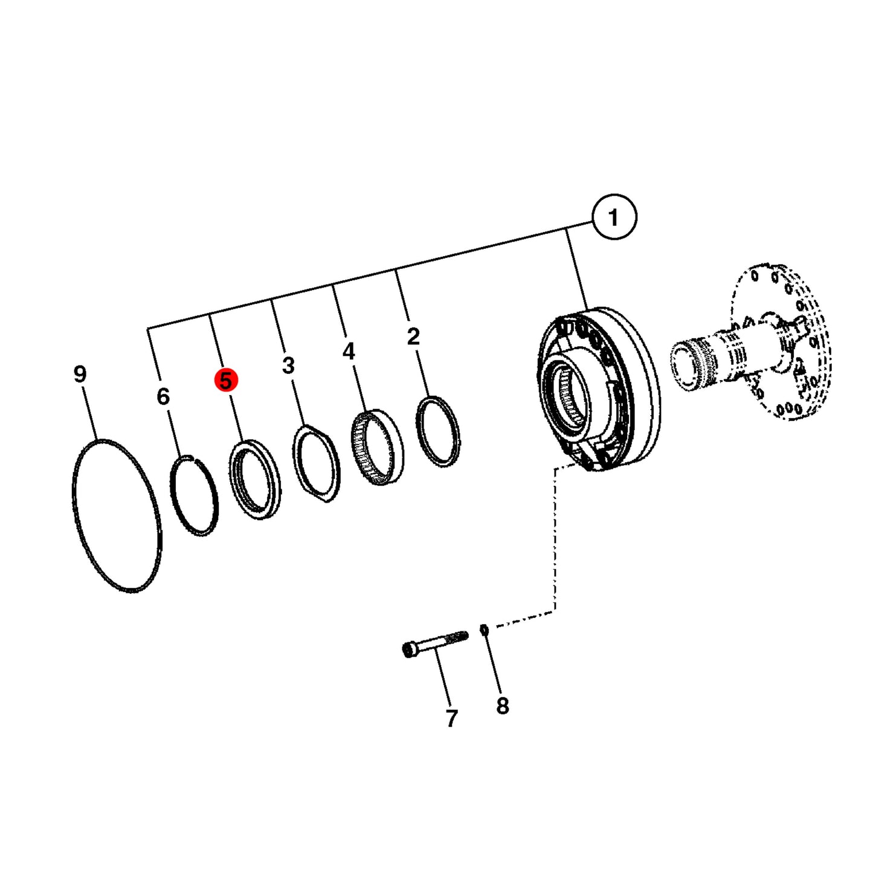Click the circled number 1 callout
click(614, 217)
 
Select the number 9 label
click(80, 374)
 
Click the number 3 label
click(288, 365)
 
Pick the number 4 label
click(349, 351)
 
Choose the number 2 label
click(413, 337)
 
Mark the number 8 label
click(503, 706)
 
